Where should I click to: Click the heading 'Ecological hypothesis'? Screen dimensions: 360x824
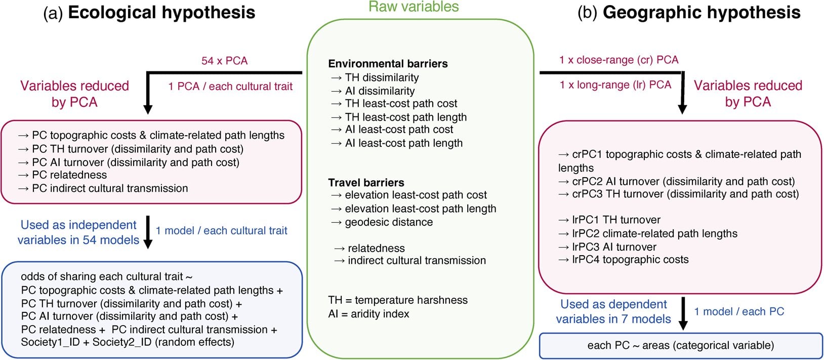point(161,13)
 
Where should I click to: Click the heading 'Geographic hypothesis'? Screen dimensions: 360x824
point(702,13)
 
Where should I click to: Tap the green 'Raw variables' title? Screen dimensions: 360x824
point(414,7)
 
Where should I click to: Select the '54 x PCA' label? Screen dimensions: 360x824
point(224,61)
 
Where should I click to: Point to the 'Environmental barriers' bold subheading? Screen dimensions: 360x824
point(388,64)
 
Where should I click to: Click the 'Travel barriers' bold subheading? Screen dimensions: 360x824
point(366,183)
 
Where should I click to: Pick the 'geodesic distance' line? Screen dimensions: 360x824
point(389,222)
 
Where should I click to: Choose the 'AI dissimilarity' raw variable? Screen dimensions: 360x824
point(380,91)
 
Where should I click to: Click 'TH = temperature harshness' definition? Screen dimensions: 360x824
point(398,300)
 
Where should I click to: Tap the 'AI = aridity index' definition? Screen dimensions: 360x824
point(368,314)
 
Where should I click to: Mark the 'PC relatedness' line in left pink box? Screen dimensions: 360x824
point(69,175)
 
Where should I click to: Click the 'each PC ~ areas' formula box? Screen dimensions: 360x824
point(680,346)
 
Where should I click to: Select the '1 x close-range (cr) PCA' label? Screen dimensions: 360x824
point(619,60)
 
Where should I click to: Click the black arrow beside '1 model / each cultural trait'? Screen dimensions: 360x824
point(148,232)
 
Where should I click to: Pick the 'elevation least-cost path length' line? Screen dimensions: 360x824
point(420,209)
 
